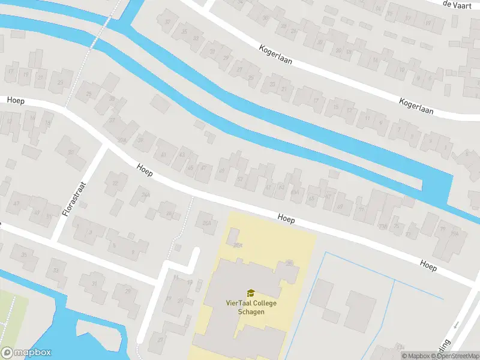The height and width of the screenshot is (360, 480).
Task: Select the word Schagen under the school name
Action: click(x=250, y=311)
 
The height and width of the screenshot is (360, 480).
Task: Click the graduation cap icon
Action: click(x=250, y=293)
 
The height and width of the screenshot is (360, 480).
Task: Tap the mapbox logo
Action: click(x=26, y=353)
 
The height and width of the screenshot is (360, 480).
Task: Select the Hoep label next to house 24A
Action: click(x=144, y=170)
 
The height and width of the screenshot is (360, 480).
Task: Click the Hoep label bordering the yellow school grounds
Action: click(x=286, y=220)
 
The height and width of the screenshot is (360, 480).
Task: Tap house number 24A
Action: click(x=145, y=195)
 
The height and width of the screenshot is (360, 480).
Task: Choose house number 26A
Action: click(x=208, y=224)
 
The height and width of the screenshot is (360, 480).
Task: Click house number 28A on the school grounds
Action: click(x=237, y=245)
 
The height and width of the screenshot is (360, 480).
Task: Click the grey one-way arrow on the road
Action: click(x=456, y=325)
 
